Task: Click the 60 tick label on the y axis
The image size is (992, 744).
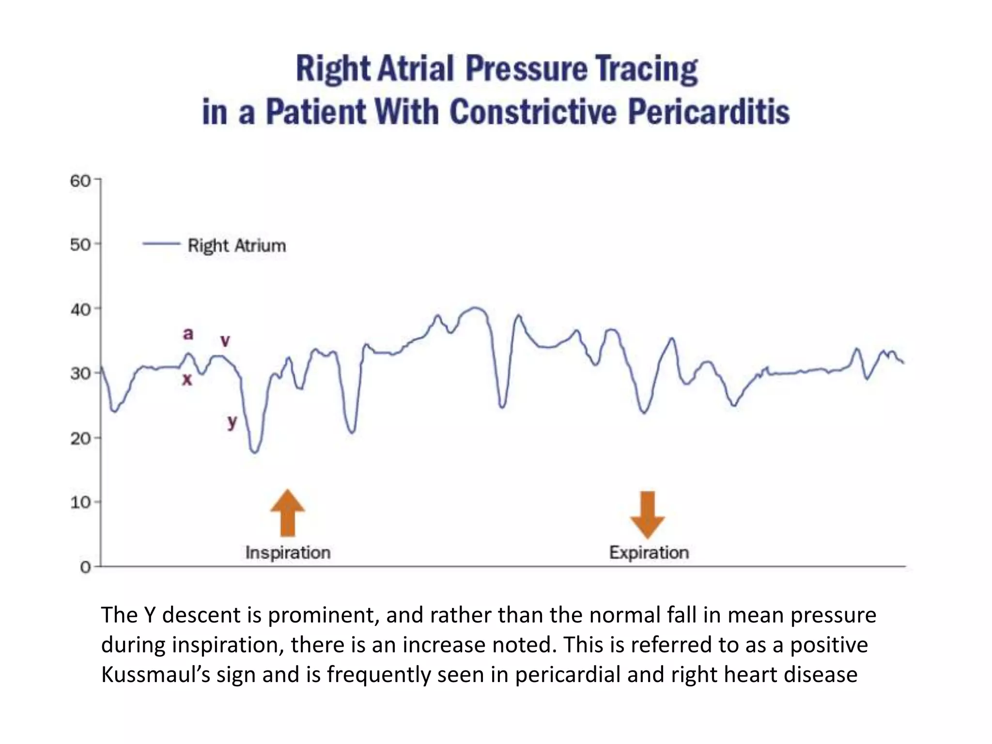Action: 80,181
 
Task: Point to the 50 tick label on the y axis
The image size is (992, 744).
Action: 80,245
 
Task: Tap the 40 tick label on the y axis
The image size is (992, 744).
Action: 80,310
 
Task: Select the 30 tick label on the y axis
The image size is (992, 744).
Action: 80,373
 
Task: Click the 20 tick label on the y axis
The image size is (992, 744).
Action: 80,438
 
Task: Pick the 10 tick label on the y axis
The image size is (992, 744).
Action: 80,502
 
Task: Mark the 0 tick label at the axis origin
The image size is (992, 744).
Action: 85,567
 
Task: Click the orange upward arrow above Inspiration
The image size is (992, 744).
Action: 288,513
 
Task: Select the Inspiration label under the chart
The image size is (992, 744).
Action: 288,553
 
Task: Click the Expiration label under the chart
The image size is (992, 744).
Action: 649,553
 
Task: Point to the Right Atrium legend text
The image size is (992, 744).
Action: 236,246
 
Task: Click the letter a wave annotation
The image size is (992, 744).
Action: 188,333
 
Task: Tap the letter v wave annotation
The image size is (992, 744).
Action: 225,341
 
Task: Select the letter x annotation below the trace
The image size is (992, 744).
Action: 187,379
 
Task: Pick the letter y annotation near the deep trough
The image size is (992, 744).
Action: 232,421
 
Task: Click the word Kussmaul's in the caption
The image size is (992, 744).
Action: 155,674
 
